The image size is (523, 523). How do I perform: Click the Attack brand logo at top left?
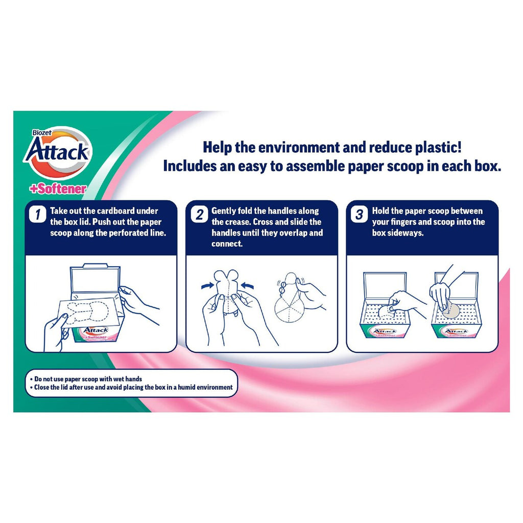point(57,152)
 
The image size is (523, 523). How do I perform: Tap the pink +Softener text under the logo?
point(58,189)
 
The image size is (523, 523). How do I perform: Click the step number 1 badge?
point(37,214)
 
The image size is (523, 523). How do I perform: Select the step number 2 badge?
point(199,214)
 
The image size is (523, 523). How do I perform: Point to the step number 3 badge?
point(359,214)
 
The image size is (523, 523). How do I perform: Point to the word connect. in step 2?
point(227,244)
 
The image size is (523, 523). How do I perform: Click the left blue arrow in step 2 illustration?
point(208,286)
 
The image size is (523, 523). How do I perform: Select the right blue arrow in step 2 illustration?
point(247,286)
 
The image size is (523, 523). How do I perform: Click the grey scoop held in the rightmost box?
point(450,310)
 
